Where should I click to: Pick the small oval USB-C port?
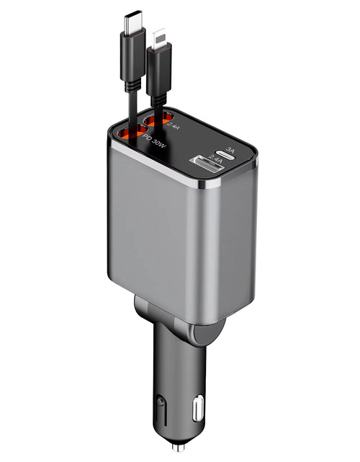[230, 154]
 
